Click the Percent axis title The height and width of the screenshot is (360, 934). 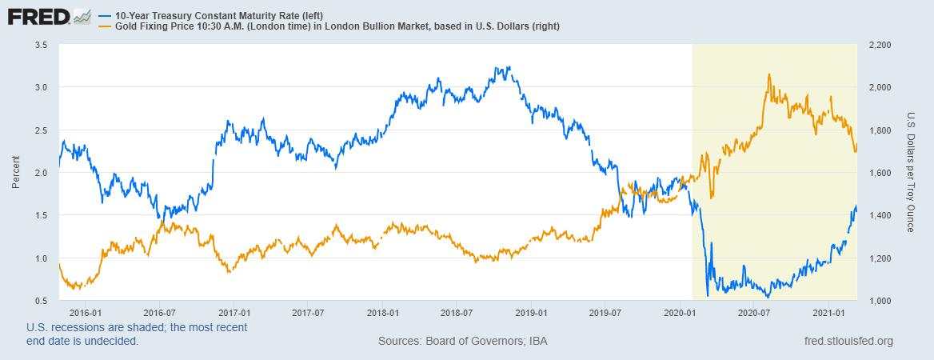pos(15,172)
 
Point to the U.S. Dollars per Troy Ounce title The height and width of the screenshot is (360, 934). pos(910,172)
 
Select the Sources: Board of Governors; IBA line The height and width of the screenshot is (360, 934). pos(462,342)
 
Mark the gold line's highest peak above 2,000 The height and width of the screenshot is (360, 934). pos(769,74)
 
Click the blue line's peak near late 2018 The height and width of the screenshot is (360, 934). pos(509,67)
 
